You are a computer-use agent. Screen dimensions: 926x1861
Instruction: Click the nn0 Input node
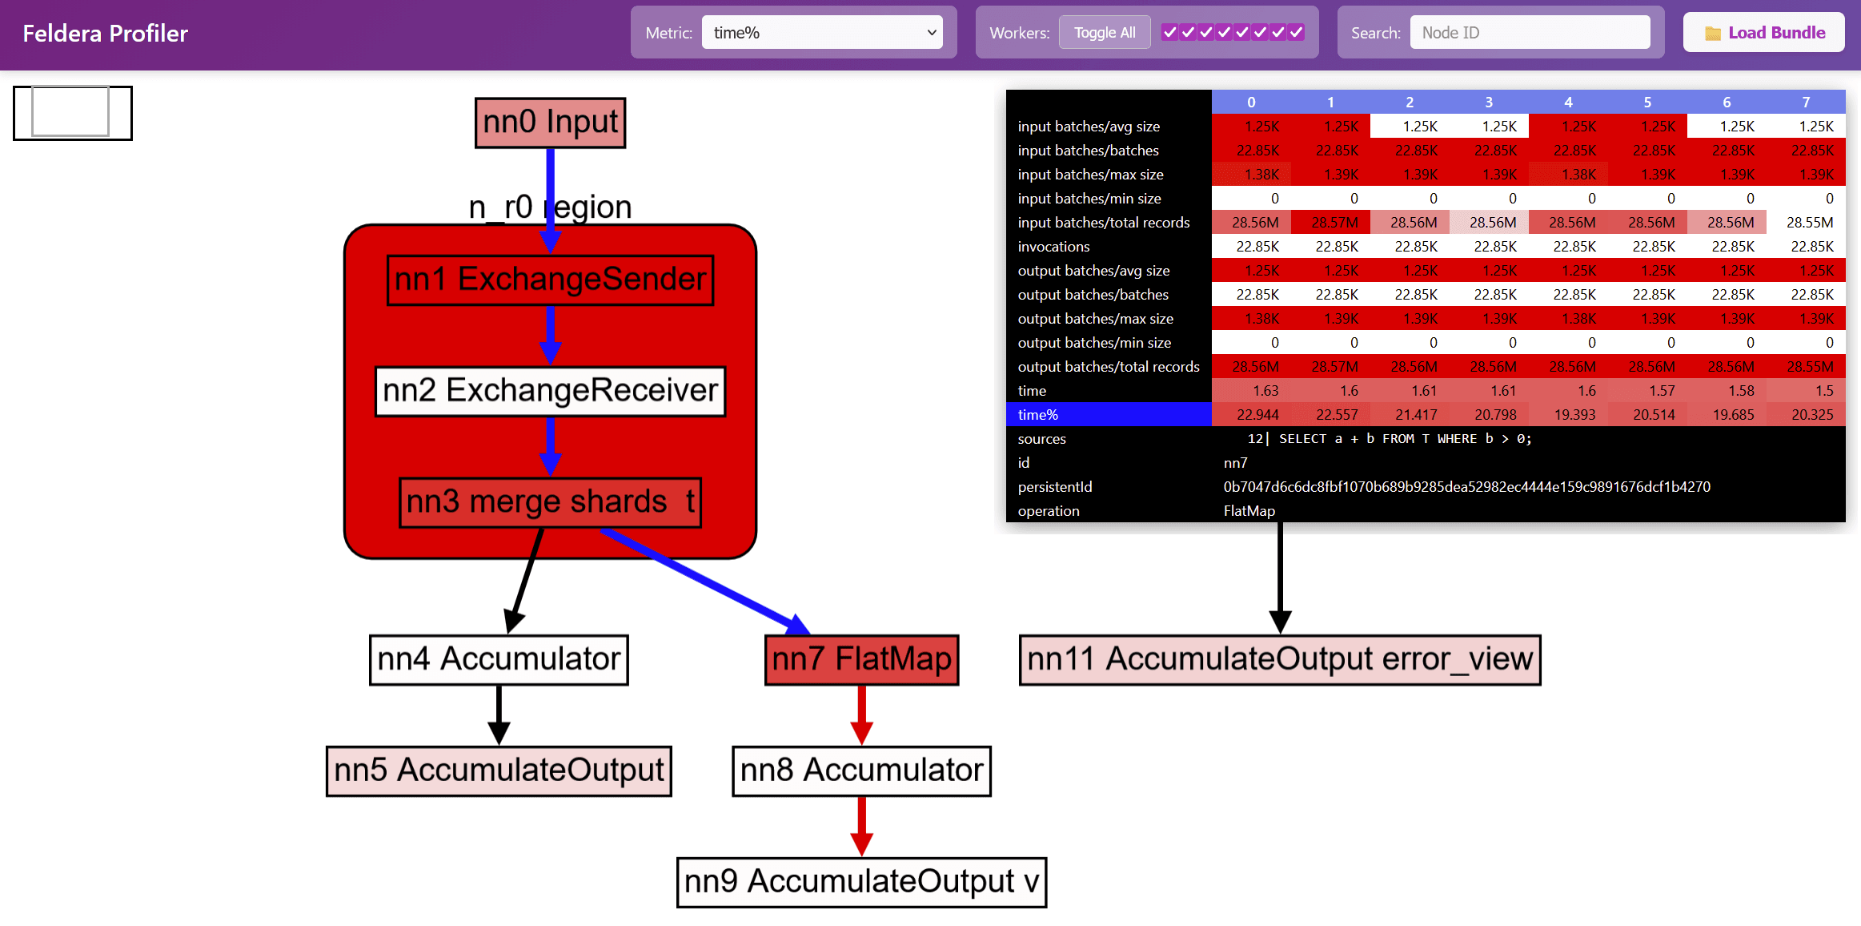[550, 123]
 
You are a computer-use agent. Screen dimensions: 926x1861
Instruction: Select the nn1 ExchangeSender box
[550, 280]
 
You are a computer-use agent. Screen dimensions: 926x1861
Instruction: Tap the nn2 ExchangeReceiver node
[550, 391]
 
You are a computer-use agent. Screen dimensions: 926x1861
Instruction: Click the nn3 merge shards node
[550, 502]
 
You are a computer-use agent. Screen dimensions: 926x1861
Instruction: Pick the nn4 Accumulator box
[499, 659]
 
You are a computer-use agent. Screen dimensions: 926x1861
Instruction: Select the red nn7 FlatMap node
[861, 659]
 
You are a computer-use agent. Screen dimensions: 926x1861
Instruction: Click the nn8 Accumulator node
[861, 771]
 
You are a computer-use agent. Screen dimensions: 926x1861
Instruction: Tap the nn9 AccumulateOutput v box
[861, 882]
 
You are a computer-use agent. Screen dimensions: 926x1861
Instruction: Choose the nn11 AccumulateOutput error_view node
[1279, 659]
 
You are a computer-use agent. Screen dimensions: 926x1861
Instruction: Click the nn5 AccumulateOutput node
[499, 771]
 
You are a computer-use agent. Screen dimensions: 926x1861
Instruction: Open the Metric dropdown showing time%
[821, 33]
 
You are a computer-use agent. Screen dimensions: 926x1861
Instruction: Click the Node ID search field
[1529, 33]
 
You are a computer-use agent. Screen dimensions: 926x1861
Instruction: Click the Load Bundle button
[1763, 33]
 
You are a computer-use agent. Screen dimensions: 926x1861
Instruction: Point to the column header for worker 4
[1568, 102]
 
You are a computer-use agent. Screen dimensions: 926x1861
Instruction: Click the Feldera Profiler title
[106, 34]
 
